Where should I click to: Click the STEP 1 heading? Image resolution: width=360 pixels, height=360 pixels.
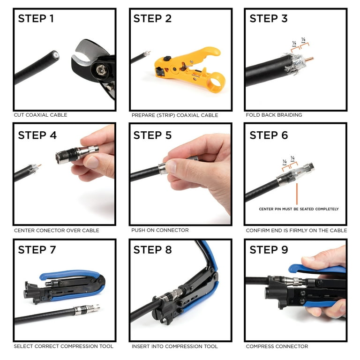(x=36, y=19)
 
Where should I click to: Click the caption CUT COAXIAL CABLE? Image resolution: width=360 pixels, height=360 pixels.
(x=40, y=115)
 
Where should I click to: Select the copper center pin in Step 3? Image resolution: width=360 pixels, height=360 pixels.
(x=309, y=60)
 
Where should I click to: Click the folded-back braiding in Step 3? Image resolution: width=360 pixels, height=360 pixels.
(x=293, y=64)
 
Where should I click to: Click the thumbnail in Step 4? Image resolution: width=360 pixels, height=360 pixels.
(x=92, y=162)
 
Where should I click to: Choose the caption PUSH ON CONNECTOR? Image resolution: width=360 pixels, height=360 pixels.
(x=160, y=230)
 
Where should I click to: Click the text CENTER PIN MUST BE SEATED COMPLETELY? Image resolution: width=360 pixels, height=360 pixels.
(x=299, y=209)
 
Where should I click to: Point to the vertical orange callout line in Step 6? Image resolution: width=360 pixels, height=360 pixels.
(x=297, y=194)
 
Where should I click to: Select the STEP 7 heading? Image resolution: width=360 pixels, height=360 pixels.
(x=37, y=250)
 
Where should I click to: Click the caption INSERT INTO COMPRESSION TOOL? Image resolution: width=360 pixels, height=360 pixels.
(x=174, y=346)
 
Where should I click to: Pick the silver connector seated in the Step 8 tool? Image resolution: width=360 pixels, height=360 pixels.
(x=169, y=295)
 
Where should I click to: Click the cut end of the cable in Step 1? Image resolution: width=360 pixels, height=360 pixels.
(x=55, y=55)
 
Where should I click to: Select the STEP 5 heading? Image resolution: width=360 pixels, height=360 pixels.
(x=152, y=135)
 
